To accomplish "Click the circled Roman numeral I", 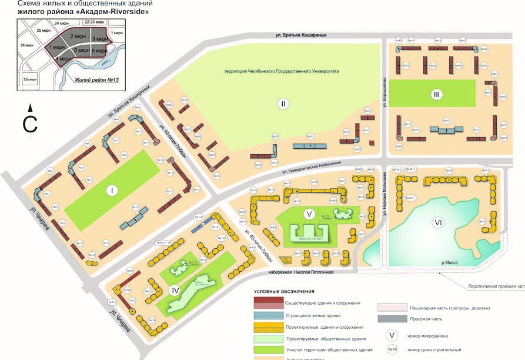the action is tap(111, 191).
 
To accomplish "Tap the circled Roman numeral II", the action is tap(283, 104).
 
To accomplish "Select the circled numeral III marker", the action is tap(436, 94).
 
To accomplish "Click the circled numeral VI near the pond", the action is tap(437, 223).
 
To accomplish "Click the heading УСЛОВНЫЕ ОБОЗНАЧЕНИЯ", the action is tap(284, 291).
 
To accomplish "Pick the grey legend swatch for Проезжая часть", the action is tap(392, 318).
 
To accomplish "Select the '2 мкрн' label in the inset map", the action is tap(78, 36).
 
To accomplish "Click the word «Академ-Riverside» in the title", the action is tap(119, 11).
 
